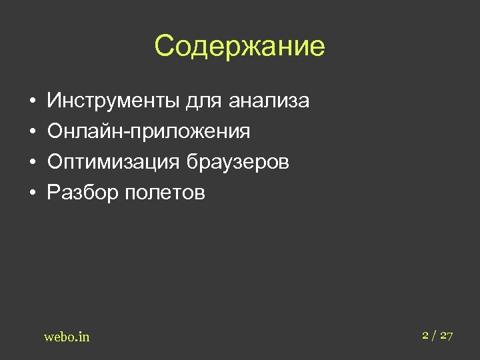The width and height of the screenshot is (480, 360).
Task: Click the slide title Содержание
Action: point(239,46)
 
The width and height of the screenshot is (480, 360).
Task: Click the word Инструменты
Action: point(113,101)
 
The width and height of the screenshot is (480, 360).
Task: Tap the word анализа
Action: point(269,101)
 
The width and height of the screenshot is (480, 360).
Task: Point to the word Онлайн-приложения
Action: point(149,132)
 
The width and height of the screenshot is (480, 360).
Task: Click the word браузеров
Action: point(238,163)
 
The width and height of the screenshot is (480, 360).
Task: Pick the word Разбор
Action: point(76,193)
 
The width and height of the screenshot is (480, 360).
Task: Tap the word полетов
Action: point(158,193)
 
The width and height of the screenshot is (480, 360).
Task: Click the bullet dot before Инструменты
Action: point(32,102)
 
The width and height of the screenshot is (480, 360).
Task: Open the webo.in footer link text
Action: point(67,337)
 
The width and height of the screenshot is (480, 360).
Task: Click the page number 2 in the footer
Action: point(425,335)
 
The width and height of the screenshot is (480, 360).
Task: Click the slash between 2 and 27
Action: point(434,336)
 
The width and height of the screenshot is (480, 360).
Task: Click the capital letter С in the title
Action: point(164,46)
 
